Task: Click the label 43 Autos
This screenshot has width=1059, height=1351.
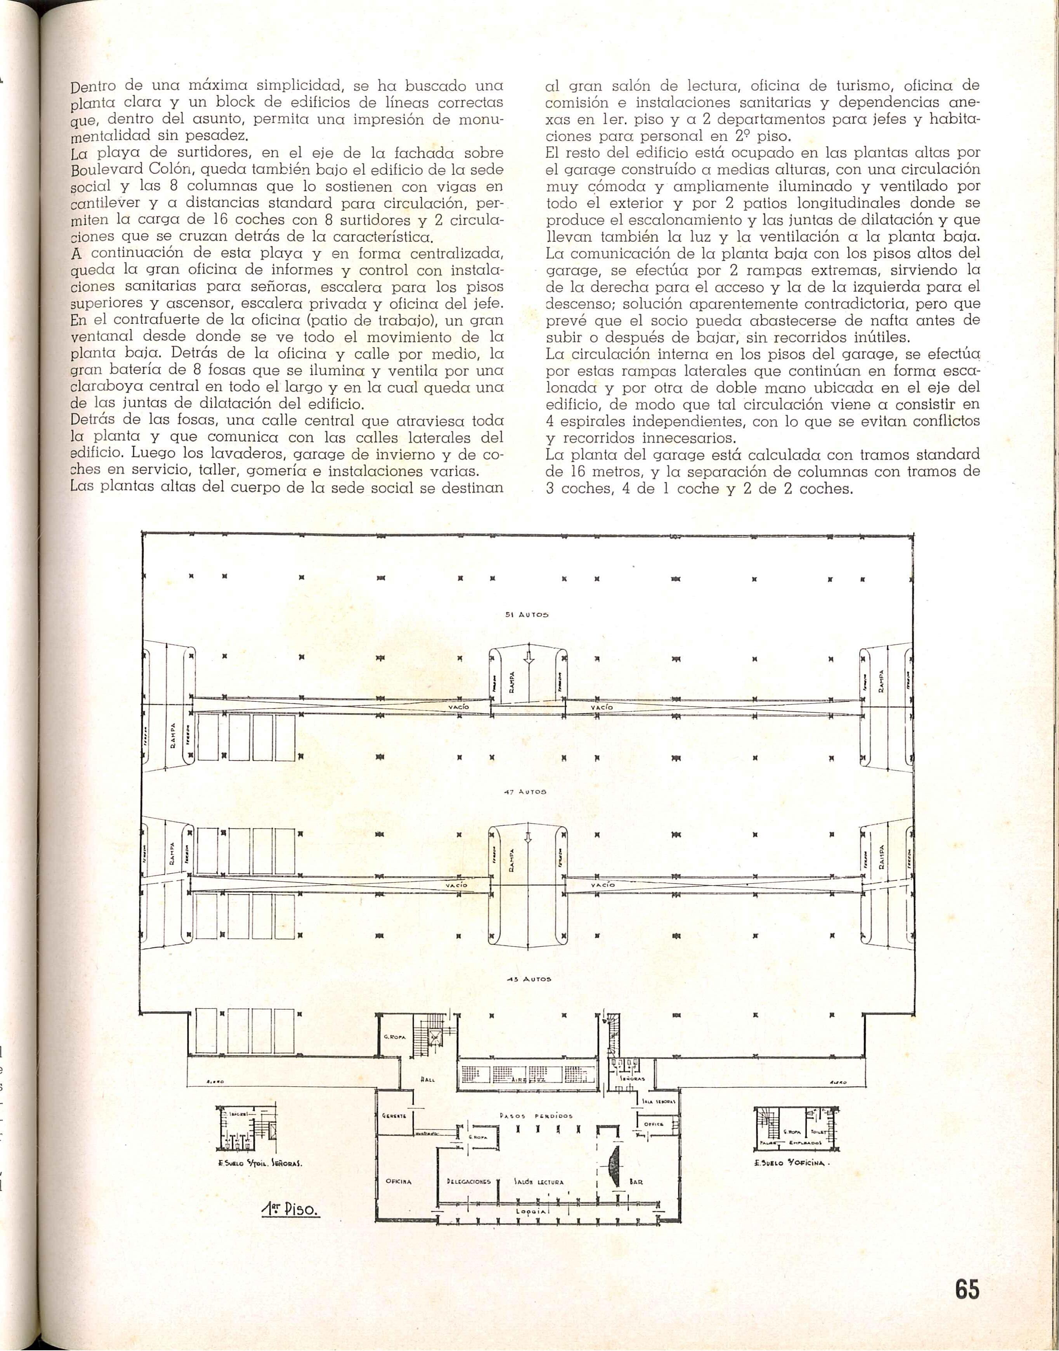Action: [529, 979]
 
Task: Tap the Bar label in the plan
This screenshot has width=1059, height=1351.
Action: [636, 1182]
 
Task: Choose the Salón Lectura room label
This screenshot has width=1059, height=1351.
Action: [539, 1182]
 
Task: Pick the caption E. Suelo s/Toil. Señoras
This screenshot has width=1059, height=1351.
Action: [260, 1163]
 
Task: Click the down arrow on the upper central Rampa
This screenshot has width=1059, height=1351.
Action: [528, 659]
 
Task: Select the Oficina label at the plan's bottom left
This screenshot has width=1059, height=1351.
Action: [398, 1182]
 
